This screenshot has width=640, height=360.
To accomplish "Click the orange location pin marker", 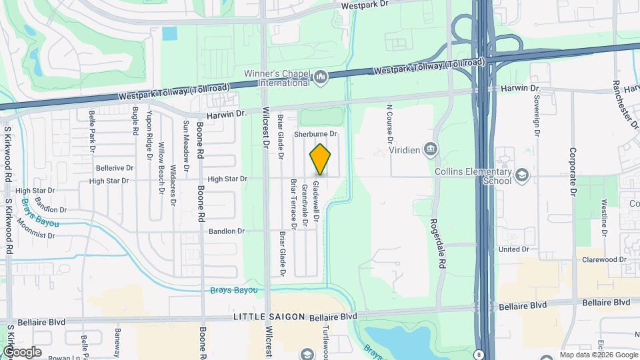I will click(320, 159).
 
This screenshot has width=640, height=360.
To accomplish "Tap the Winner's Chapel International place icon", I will click(321, 79).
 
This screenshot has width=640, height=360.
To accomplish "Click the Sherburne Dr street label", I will click(321, 133).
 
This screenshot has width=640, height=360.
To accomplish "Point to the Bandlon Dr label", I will click(227, 231).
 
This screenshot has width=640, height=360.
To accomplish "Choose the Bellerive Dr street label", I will click(115, 168).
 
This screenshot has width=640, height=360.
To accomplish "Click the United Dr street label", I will click(513, 249).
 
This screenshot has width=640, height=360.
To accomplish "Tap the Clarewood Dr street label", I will click(604, 259).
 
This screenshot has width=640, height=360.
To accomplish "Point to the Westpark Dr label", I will click(363, 5).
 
